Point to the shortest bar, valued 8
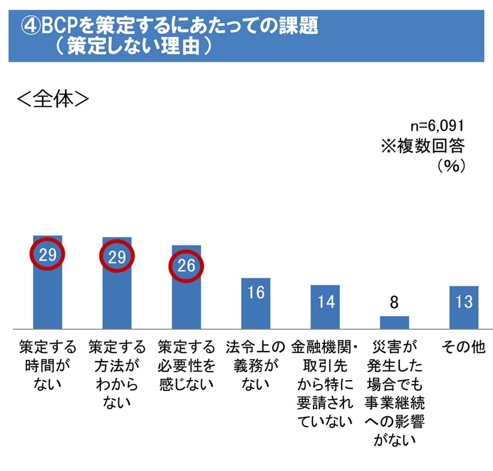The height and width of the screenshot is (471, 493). pyautogui.click(x=394, y=322)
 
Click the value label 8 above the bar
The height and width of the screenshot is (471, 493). pyautogui.click(x=394, y=302)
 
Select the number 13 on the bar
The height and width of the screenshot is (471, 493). pyautogui.click(x=464, y=301)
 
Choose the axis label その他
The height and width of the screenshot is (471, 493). pyautogui.click(x=464, y=347)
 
